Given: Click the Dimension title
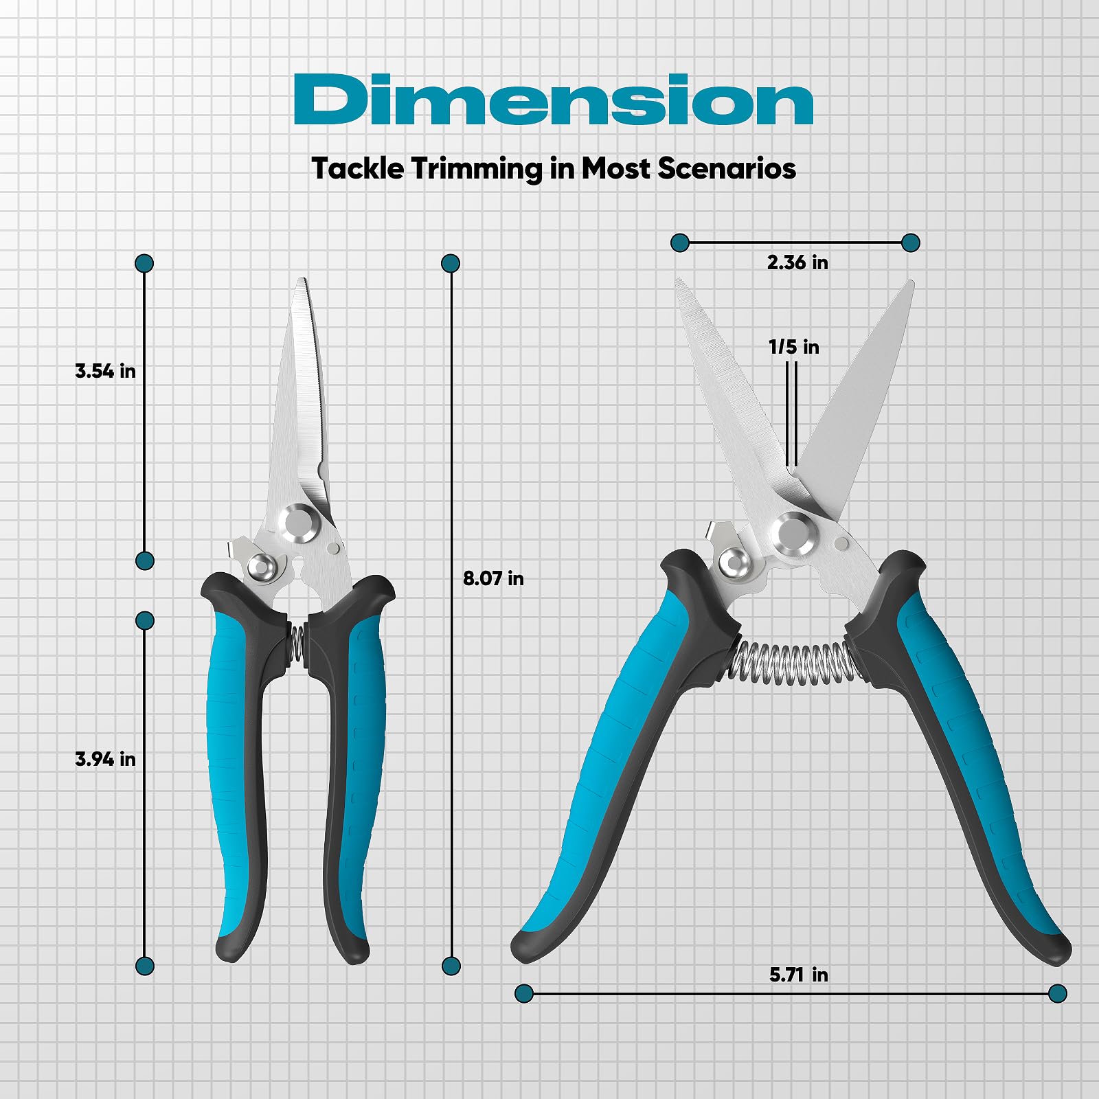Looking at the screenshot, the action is (x=554, y=100).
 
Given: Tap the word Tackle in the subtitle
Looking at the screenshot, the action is (x=357, y=168).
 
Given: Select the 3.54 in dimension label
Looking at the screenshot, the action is (x=105, y=371).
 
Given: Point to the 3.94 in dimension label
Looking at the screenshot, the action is (x=105, y=759).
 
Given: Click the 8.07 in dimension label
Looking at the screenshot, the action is (x=493, y=578).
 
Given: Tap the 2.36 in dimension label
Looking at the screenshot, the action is (x=797, y=262).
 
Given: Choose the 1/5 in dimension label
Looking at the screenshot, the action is (x=793, y=347).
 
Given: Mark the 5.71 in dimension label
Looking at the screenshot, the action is (x=798, y=975).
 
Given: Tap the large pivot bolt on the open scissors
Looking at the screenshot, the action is (x=793, y=534).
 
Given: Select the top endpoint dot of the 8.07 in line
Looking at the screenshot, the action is (x=451, y=263).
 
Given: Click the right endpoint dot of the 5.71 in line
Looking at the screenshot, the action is (x=1058, y=993).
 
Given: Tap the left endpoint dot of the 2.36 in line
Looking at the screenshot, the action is (x=680, y=242).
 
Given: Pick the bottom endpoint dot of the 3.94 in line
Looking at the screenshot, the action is (x=144, y=966).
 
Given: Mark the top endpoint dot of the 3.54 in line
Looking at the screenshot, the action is (x=144, y=263).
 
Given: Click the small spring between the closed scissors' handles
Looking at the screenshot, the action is (x=297, y=646).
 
